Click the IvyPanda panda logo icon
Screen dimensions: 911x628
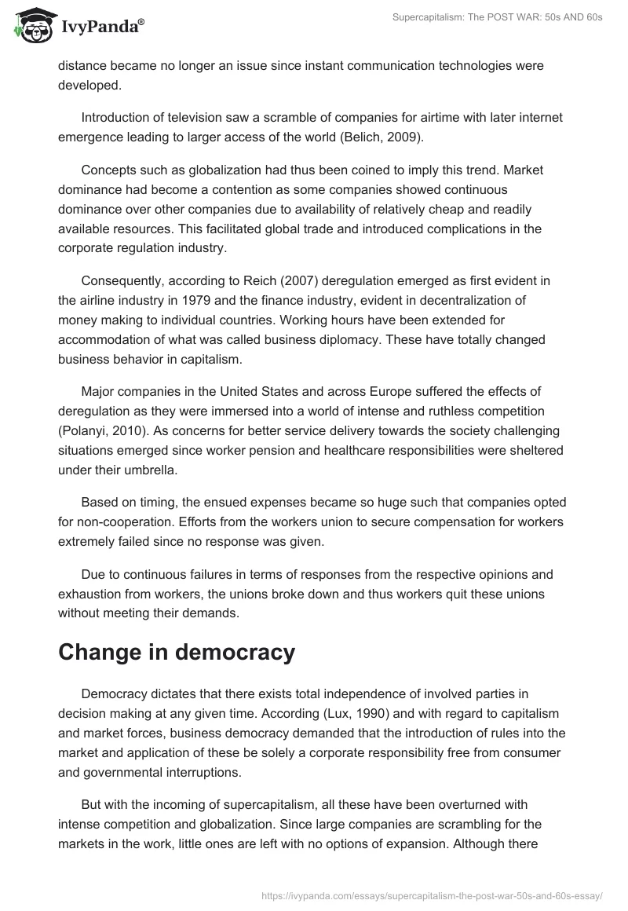point(31,27)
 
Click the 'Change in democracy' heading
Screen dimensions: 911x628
point(177,652)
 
